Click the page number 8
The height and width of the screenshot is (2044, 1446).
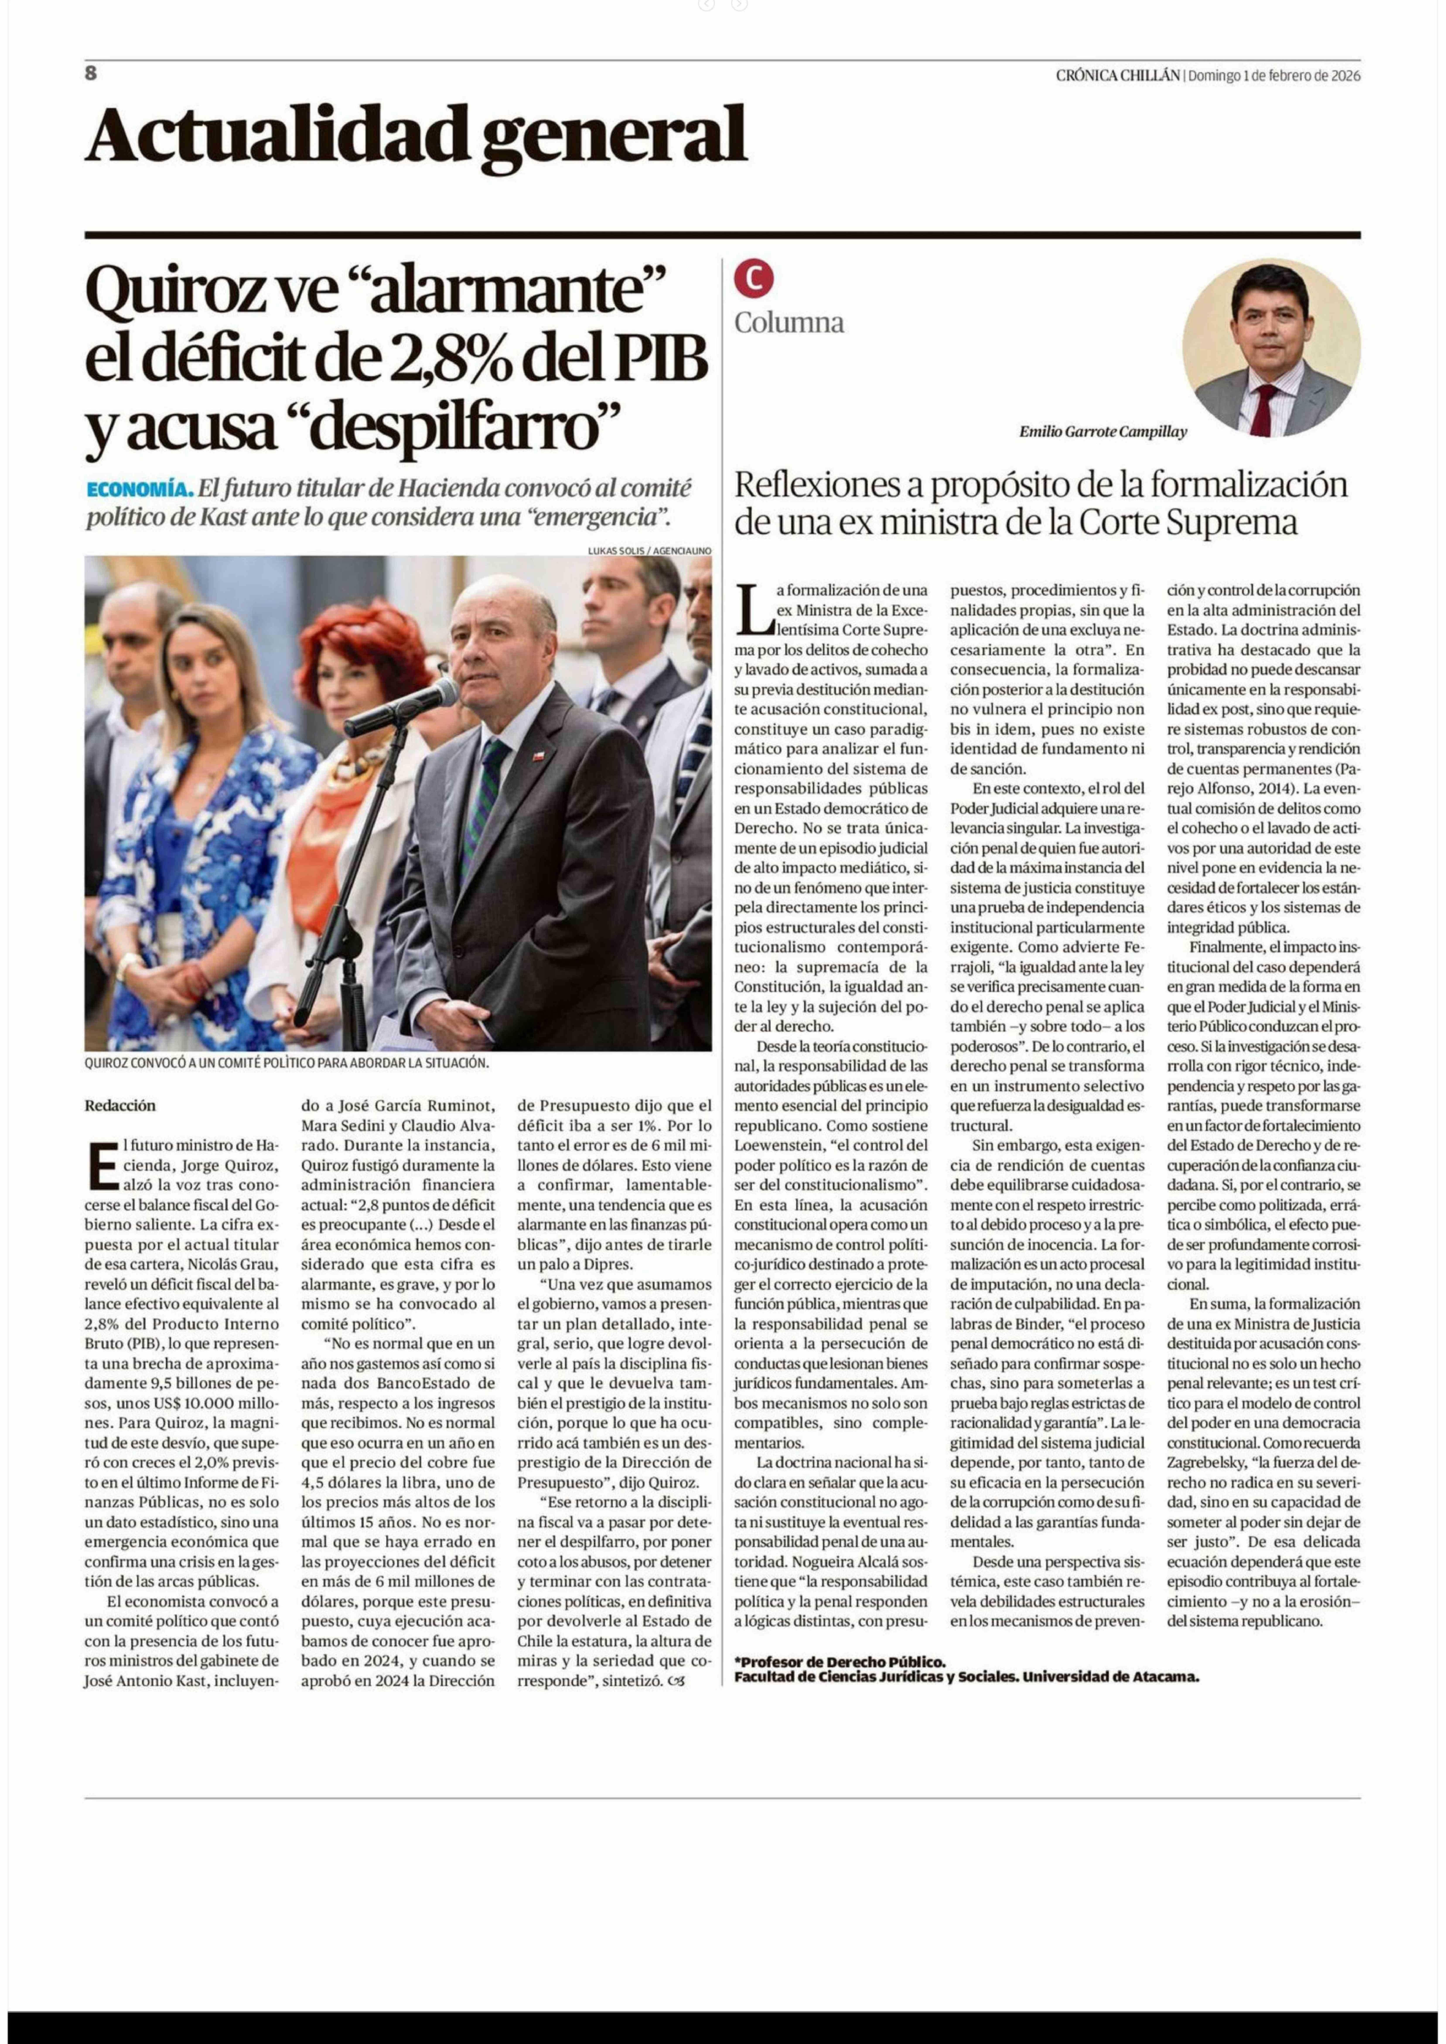point(91,74)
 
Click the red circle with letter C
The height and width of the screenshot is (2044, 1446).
point(753,280)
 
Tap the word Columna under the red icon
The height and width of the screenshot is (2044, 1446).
point(789,322)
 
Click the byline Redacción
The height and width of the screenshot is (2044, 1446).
point(120,1106)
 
